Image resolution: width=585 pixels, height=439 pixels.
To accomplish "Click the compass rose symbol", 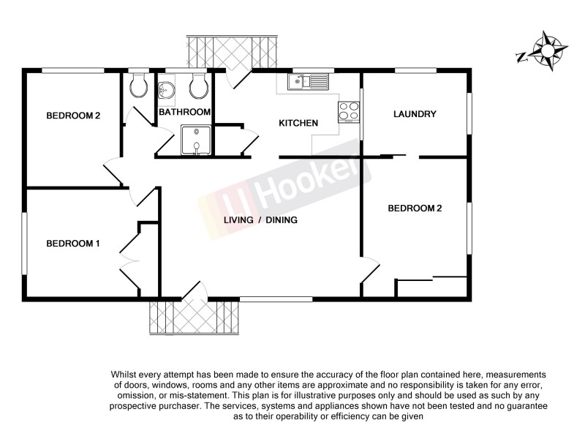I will (546, 50).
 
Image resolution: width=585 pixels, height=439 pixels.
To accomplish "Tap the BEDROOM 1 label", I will (73, 244).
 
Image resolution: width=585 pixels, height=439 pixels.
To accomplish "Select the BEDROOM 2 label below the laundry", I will (415, 208).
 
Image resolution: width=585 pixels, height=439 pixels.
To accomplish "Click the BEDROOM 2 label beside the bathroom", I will (73, 115).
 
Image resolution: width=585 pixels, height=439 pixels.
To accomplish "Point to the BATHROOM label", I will (185, 112).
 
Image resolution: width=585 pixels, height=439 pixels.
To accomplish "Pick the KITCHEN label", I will (298, 123).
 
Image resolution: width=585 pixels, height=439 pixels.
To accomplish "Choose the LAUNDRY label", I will (415, 114).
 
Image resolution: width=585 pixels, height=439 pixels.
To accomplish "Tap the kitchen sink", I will (309, 81).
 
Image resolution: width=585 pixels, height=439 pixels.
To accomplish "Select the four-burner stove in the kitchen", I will (349, 111).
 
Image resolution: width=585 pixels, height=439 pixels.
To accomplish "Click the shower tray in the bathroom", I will (196, 140).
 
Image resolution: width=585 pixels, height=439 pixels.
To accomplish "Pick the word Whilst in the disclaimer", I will (124, 375).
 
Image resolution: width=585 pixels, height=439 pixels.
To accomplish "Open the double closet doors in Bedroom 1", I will (129, 252).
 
